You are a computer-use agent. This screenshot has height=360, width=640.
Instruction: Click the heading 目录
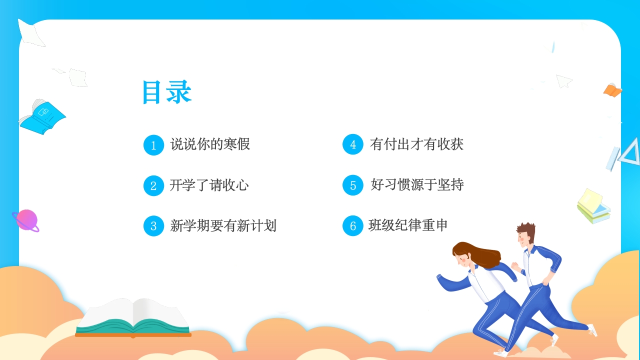[x=167, y=92]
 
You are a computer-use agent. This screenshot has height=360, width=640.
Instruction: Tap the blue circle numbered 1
[x=153, y=145]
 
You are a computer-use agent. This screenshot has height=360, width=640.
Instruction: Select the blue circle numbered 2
[x=153, y=185]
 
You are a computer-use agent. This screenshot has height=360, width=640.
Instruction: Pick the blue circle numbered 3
[x=153, y=226]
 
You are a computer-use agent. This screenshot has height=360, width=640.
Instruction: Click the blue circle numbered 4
[x=353, y=144]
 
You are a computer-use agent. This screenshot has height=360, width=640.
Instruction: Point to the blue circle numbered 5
[x=353, y=185]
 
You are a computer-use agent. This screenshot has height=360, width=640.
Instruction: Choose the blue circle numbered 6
[x=353, y=225]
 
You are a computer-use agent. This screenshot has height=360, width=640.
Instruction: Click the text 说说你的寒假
[x=210, y=144]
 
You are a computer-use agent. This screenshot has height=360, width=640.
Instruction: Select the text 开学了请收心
[x=209, y=185]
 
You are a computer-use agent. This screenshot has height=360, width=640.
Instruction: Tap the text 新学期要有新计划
[x=223, y=225]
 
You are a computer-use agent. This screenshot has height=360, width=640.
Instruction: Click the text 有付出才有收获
[x=416, y=144]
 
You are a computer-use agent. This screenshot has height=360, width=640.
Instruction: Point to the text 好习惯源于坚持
[x=417, y=184]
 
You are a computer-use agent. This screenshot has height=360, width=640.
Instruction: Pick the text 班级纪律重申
[x=407, y=225]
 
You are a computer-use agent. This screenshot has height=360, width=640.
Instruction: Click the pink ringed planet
[x=26, y=220]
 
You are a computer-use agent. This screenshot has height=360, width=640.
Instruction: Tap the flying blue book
[x=43, y=117]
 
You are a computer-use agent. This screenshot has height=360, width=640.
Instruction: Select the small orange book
[x=612, y=90]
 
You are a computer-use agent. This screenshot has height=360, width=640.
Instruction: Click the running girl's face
[x=462, y=260]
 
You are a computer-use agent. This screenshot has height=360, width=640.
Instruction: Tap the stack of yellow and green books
[x=593, y=206]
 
